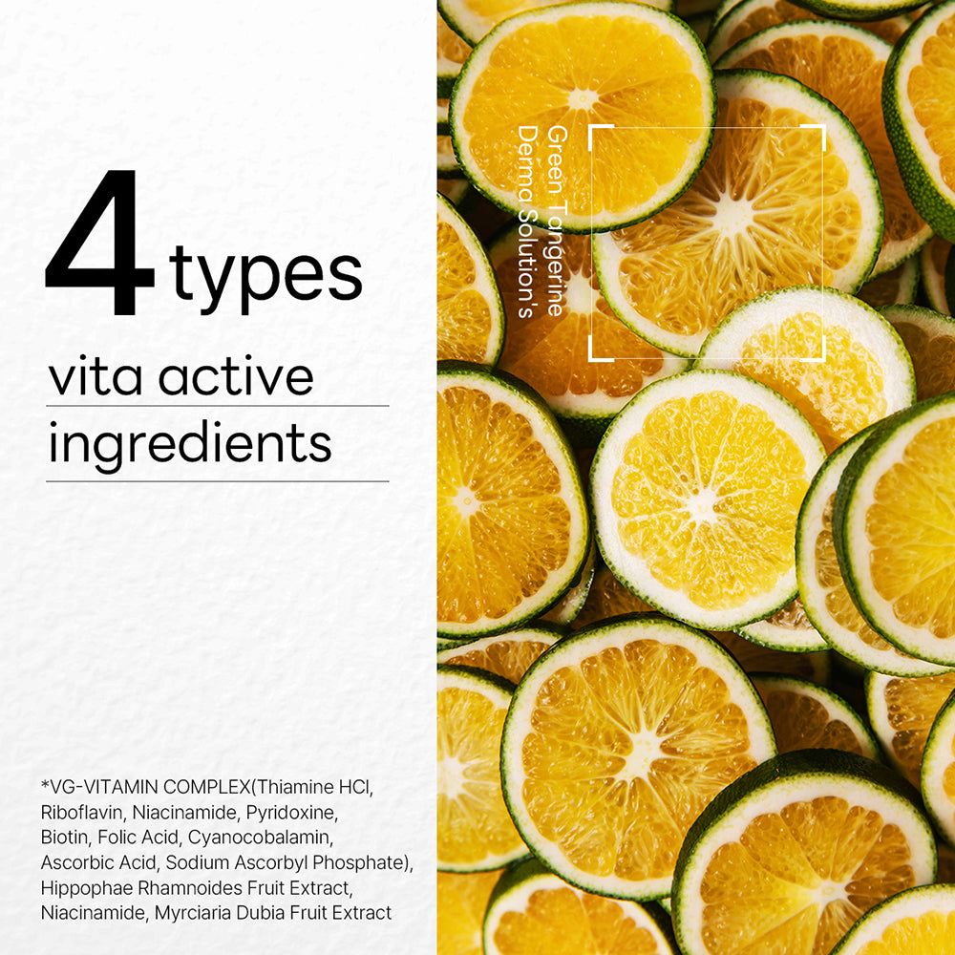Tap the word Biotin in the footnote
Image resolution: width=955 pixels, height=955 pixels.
coord(65,838)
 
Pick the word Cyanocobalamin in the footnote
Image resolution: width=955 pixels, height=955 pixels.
coord(261,838)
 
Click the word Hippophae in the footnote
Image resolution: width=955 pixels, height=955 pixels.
coord(87,888)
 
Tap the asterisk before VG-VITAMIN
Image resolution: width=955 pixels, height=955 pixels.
coord(45,784)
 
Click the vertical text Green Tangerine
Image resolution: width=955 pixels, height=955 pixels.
coord(556,222)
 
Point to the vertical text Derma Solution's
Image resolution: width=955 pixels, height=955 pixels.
coord(527,222)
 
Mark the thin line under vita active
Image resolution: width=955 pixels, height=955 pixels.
coord(218,406)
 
